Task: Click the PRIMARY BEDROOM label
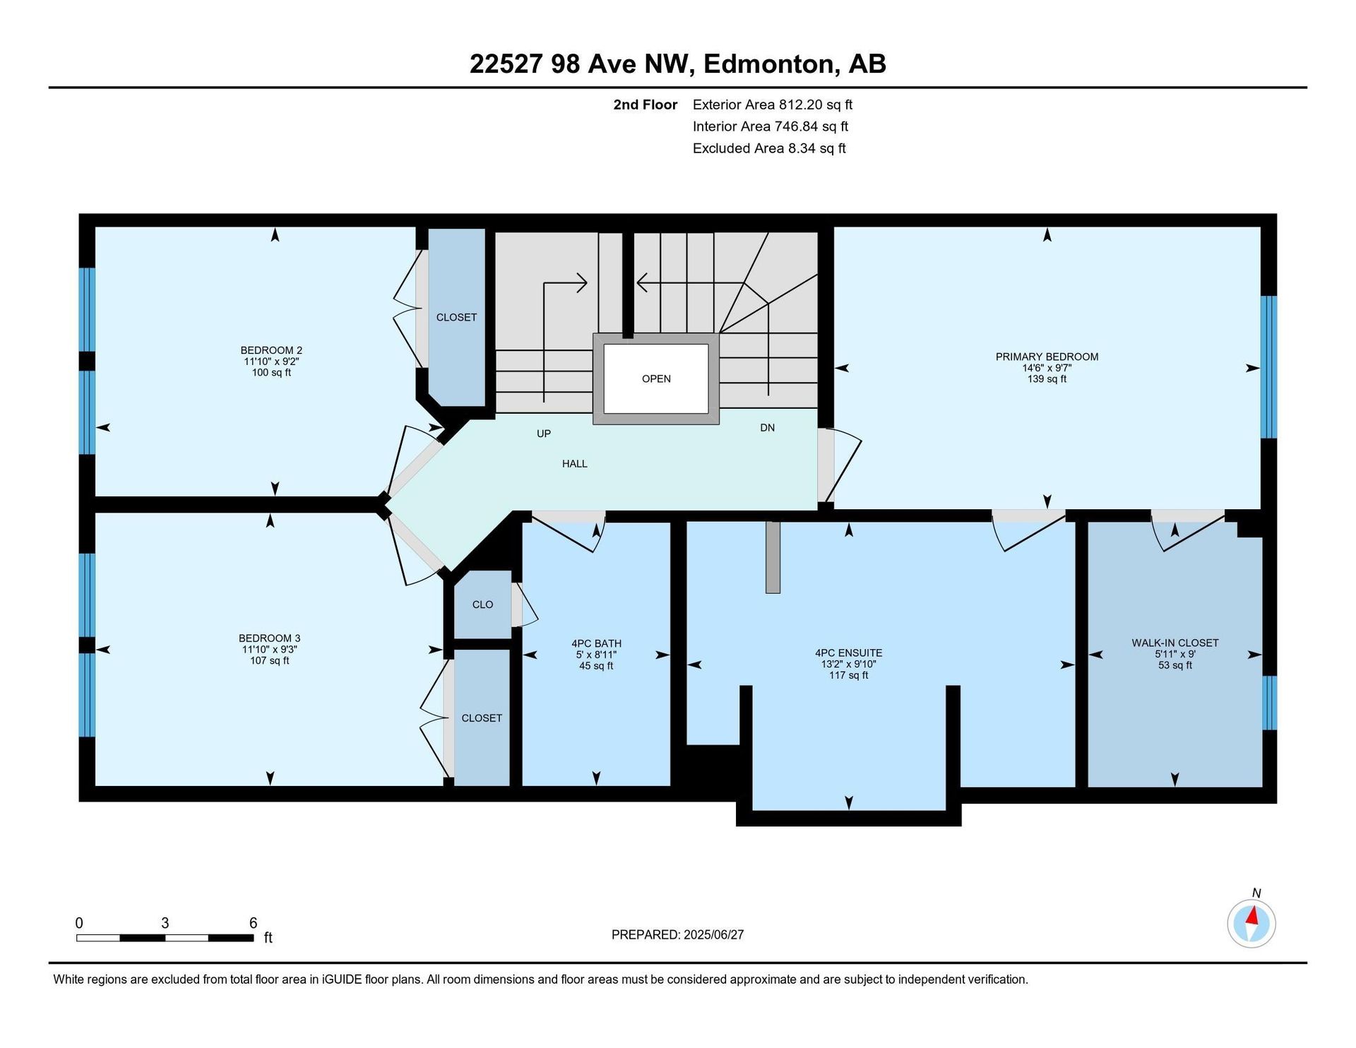pyautogui.click(x=1047, y=357)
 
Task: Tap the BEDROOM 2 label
pyautogui.click(x=271, y=350)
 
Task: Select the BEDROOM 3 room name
pyautogui.click(x=269, y=638)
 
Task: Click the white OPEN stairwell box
pyautogui.click(x=656, y=379)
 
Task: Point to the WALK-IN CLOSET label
pyautogui.click(x=1175, y=643)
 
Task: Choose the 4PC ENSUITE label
pyautogui.click(x=848, y=653)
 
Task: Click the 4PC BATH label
pyautogui.click(x=596, y=643)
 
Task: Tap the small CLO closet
pyautogui.click(x=482, y=605)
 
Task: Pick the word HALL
pyautogui.click(x=575, y=464)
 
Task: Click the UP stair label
pyautogui.click(x=544, y=434)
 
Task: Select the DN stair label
pyautogui.click(x=768, y=427)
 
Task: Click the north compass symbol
pyautogui.click(x=1251, y=923)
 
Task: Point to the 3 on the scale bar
pyautogui.click(x=165, y=923)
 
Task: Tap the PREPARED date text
pyautogui.click(x=677, y=934)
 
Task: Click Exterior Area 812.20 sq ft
pyautogui.click(x=773, y=105)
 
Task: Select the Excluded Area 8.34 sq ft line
pyautogui.click(x=769, y=148)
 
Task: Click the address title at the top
pyautogui.click(x=677, y=64)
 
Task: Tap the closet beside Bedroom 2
pyautogui.click(x=457, y=317)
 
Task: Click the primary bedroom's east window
pyautogui.click(x=1268, y=367)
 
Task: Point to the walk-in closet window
pyautogui.click(x=1268, y=703)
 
